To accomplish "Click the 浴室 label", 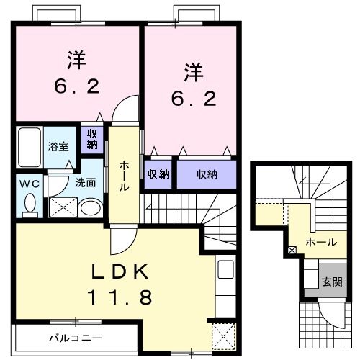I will click(x=58, y=145).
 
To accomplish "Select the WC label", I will click(x=30, y=183).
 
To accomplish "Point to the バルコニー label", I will click(x=76, y=338).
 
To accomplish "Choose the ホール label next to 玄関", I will click(x=320, y=242).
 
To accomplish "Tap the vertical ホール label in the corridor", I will click(x=124, y=175).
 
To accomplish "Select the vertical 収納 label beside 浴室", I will click(x=93, y=138).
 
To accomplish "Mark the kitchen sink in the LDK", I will click(x=224, y=271).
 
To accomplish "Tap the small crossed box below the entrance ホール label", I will click(x=291, y=251).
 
